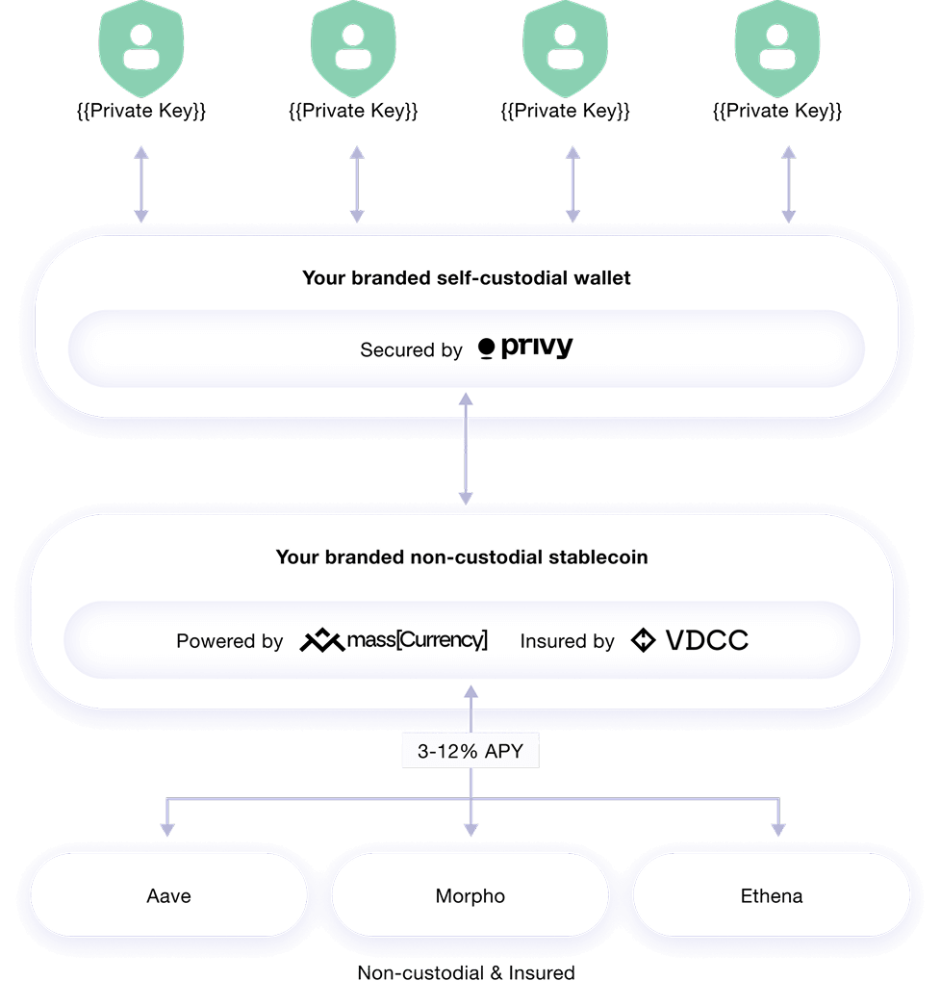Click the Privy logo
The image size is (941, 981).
tap(525, 349)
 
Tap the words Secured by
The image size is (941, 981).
tap(411, 350)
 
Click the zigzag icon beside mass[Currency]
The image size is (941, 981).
tap(321, 640)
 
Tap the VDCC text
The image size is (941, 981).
tap(706, 640)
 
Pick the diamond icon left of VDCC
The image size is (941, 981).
tap(643, 640)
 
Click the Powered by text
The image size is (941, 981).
tap(229, 641)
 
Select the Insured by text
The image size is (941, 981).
tap(567, 641)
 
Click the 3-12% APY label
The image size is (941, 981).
tap(470, 752)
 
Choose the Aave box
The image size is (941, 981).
tap(169, 895)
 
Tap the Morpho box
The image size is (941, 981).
tap(470, 895)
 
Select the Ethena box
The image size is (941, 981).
tap(772, 895)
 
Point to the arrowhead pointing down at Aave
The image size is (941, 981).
tap(167, 828)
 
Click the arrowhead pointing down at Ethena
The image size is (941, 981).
tap(777, 828)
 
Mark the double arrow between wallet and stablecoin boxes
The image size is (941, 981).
tap(466, 449)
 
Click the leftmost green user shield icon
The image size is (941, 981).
tap(142, 42)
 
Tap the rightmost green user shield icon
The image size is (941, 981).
tap(777, 42)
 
